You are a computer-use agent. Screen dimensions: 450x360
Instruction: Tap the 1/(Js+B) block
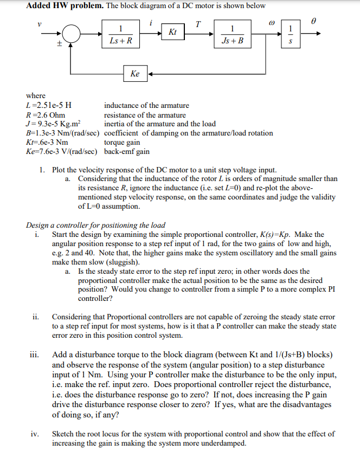[233, 34]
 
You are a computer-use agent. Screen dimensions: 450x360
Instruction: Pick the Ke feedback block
[136, 73]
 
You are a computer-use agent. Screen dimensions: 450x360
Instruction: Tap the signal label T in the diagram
[198, 23]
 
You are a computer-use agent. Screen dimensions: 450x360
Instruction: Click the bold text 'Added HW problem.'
[58, 6]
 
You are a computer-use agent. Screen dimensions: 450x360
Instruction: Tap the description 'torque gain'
[122, 143]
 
